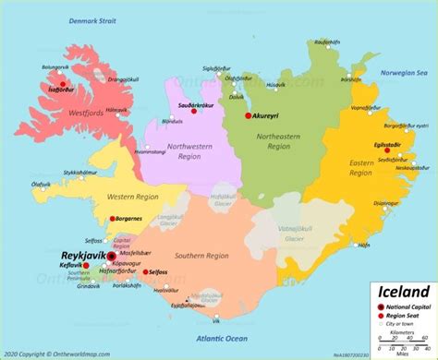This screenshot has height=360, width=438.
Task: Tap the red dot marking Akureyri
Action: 248,116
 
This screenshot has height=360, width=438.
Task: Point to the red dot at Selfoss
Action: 146,272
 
